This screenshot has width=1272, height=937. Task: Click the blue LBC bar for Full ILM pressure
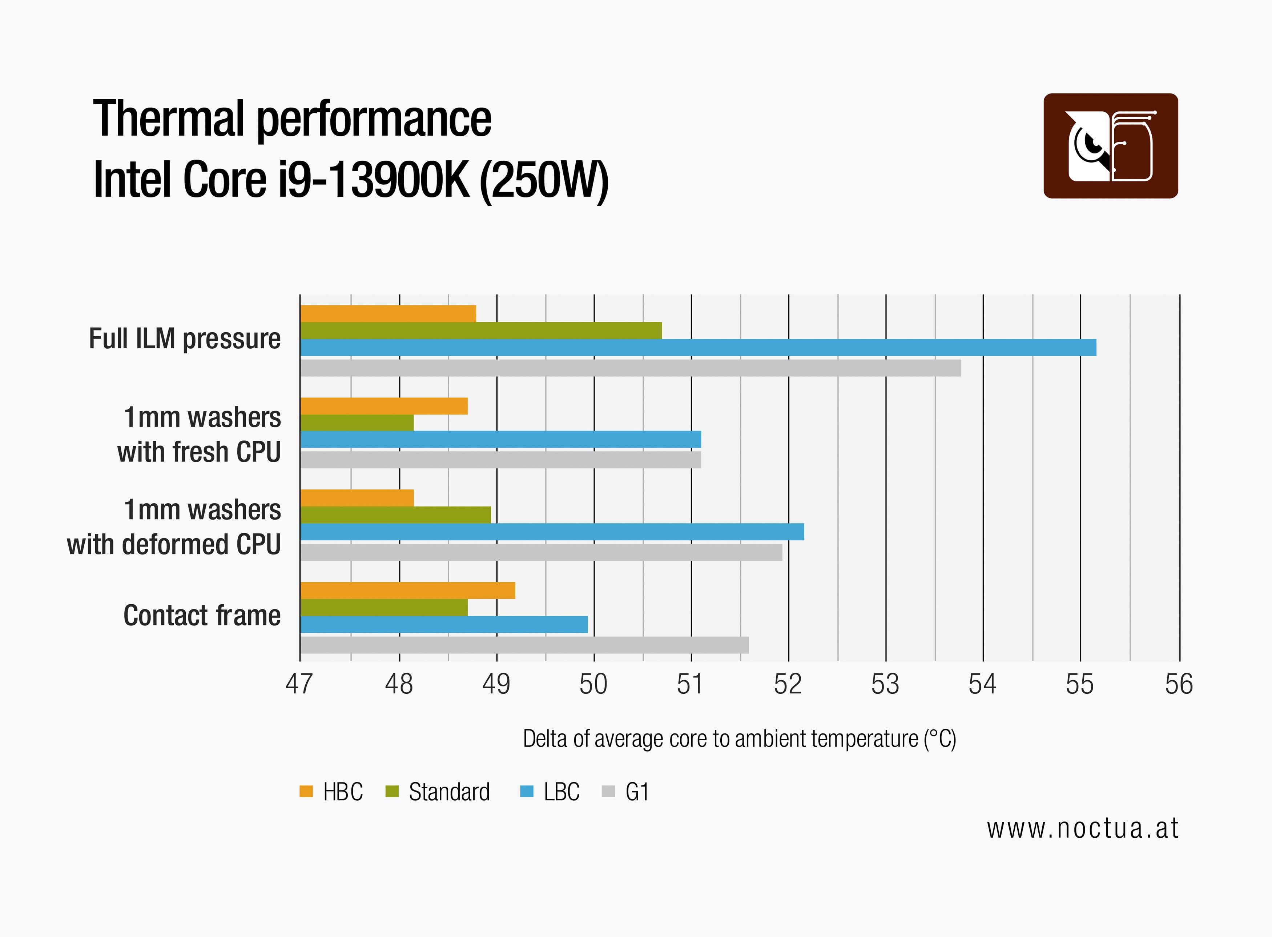tap(697, 348)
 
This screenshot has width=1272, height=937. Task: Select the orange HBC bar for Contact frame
tap(407, 590)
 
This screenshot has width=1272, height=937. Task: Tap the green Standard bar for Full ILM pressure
tap(481, 331)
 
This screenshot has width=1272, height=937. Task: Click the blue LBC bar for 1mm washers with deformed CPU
tap(552, 532)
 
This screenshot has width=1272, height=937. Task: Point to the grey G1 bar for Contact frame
tap(524, 645)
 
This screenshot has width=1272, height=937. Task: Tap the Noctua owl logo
tap(1110, 146)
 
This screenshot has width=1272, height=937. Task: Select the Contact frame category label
tap(202, 616)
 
